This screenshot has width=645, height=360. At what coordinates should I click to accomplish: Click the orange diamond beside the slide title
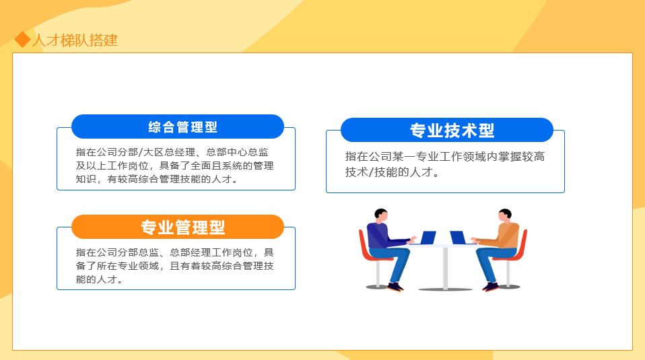[23, 40]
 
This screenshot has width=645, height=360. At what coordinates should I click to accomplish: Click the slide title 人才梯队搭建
[75, 40]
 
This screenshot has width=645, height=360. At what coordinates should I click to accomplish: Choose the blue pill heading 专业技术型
[447, 130]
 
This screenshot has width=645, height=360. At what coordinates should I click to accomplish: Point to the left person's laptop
[428, 238]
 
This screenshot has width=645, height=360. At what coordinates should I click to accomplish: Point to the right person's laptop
[458, 238]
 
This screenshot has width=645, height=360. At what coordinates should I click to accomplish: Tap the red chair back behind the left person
[364, 244]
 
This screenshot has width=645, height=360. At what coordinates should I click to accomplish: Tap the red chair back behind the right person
[522, 244]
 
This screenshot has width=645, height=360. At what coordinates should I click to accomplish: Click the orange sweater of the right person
[506, 236]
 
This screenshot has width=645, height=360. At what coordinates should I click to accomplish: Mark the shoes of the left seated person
[396, 287]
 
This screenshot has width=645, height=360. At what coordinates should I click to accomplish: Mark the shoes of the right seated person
[491, 287]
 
